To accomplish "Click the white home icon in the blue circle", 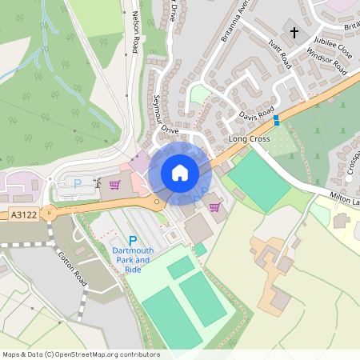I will point(180,173).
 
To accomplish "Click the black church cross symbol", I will point(294,33).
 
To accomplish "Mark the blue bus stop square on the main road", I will point(277,120).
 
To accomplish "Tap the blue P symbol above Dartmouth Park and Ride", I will point(133,240).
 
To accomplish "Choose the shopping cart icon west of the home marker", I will point(115,184).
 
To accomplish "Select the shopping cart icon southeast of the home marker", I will point(214,206).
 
